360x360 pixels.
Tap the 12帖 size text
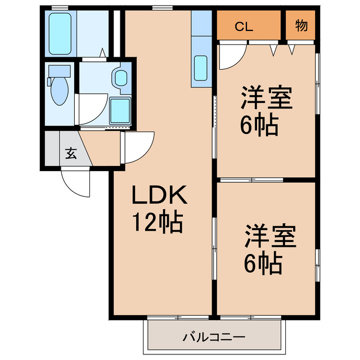coord(157,223)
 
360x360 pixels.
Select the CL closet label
coord(243,26)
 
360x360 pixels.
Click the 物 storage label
coord(301,26)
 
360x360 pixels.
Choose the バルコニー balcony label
coord(213,337)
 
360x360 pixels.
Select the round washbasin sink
coord(120,78)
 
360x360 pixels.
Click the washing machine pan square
coord(120,110)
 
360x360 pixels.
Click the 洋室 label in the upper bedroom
coord(267,98)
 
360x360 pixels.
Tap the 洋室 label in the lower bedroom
coord(269,237)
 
